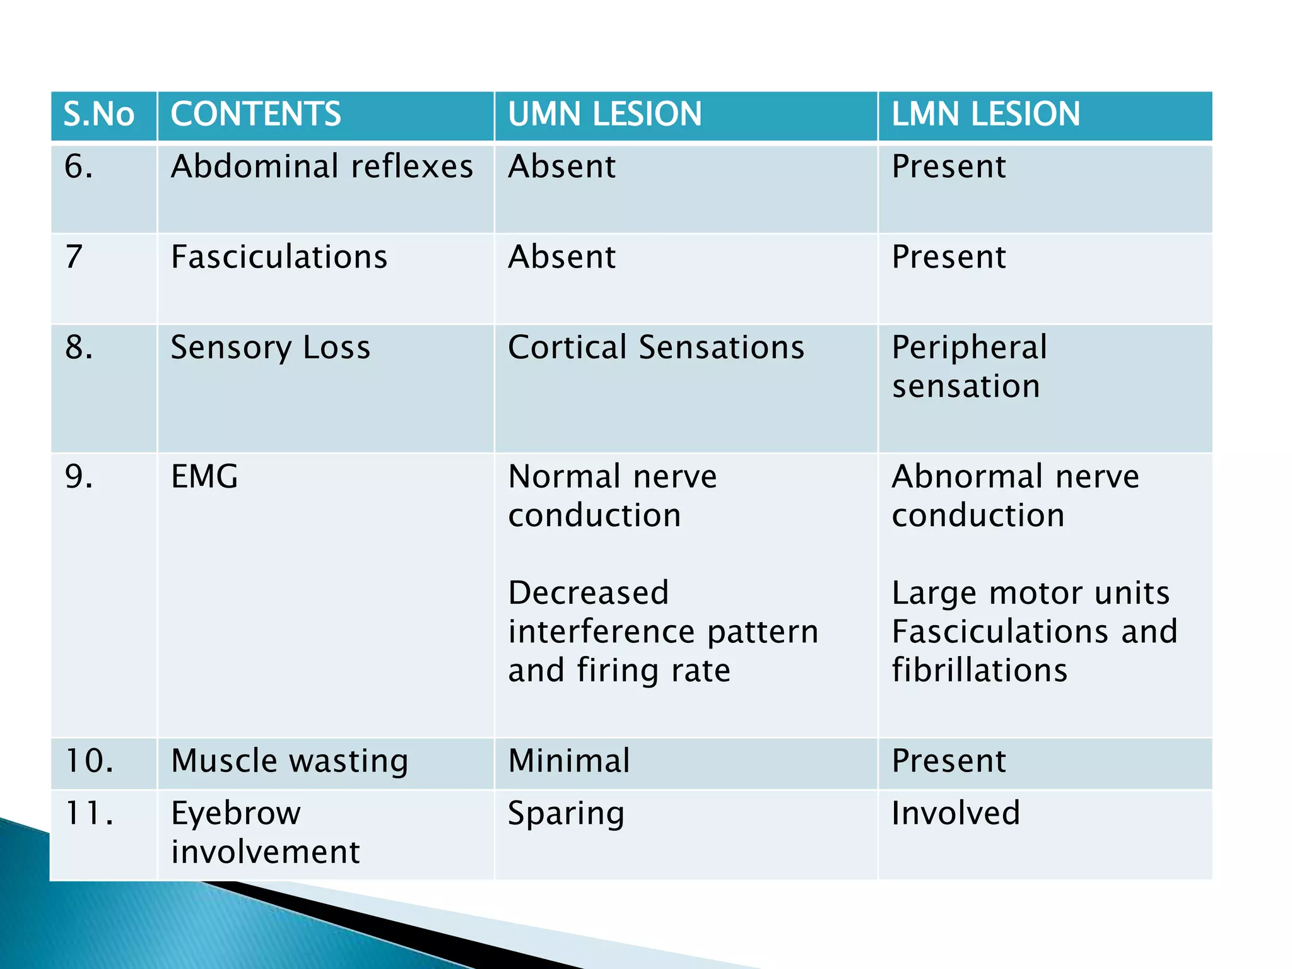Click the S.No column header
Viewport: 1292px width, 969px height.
[x=99, y=114]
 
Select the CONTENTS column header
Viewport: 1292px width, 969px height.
[x=255, y=114]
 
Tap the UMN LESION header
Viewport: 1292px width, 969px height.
[x=604, y=114]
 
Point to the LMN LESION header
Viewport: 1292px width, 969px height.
[x=985, y=114]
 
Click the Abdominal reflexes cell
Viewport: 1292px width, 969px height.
[x=322, y=167]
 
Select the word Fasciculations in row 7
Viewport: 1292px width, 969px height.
[x=279, y=257]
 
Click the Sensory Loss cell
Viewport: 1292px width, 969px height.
[x=270, y=348]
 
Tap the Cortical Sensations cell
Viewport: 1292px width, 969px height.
[x=656, y=348]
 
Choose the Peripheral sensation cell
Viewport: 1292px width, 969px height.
[x=969, y=367]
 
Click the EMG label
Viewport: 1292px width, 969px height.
[x=204, y=476]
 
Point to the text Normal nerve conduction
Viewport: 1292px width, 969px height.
[x=612, y=496]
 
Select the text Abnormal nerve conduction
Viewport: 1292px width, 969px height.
[x=1014, y=496]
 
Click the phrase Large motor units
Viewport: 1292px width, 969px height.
[x=1030, y=593]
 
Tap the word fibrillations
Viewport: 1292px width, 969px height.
[x=979, y=670]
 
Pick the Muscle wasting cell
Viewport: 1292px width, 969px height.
[x=290, y=761]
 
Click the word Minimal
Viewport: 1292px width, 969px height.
[x=568, y=761]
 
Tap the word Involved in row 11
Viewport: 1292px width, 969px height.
[x=955, y=813]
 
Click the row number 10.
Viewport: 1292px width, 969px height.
[x=89, y=761]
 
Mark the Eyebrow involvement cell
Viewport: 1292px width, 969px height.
[x=265, y=833]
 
